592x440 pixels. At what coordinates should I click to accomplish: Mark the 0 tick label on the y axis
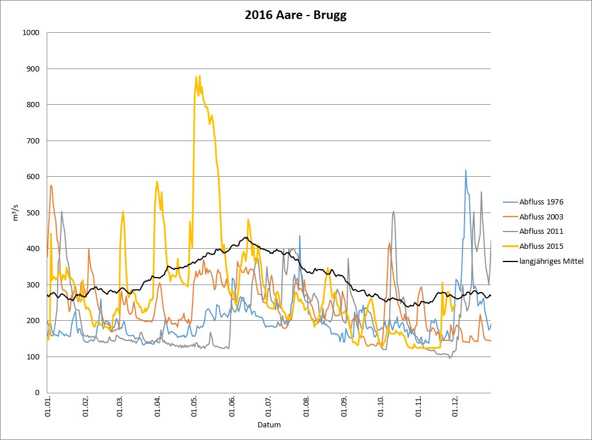coord(36,393)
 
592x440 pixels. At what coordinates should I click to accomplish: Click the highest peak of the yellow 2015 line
coord(199,76)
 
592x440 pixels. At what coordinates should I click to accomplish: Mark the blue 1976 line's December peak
coord(466,170)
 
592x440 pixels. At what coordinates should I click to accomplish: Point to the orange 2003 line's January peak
coord(51,185)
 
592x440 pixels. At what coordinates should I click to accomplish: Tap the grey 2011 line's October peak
coord(393,211)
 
